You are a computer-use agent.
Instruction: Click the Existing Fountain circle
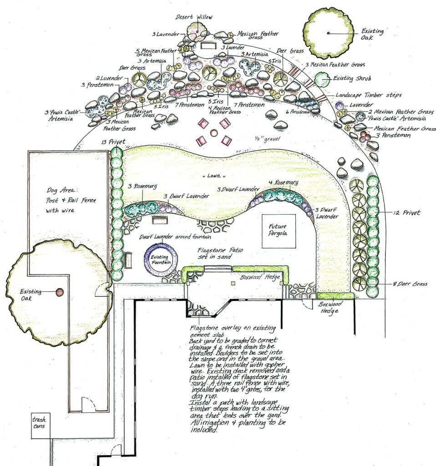point(159,260)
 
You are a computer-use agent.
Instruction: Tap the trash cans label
point(40,423)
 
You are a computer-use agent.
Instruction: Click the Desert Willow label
point(194,17)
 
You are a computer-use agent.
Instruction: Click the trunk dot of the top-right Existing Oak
point(328,33)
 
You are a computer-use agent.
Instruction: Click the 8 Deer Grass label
point(410,284)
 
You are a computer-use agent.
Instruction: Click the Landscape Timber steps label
point(369,95)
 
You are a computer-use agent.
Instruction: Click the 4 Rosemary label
point(284,182)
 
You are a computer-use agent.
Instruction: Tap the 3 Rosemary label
point(142,186)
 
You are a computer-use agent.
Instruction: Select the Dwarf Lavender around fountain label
point(176,236)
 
